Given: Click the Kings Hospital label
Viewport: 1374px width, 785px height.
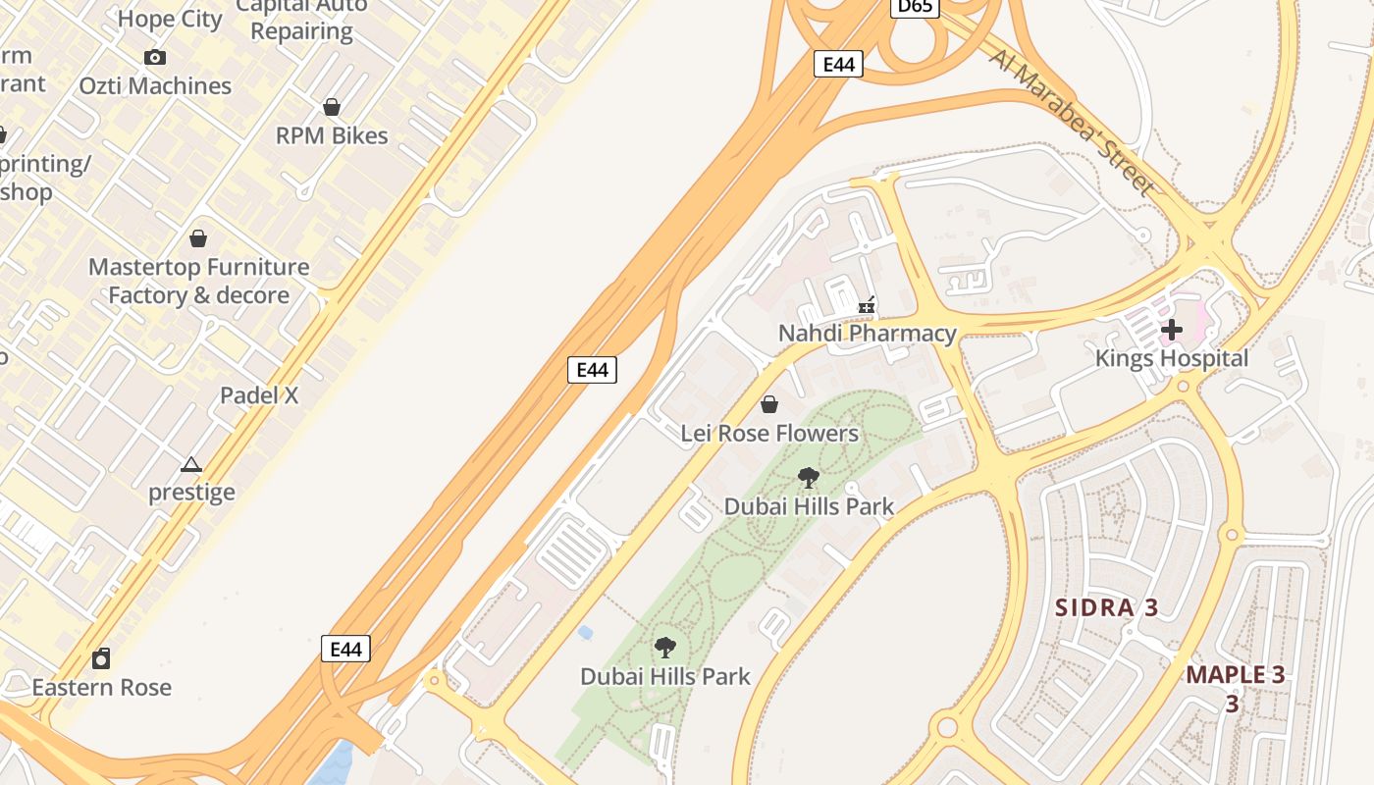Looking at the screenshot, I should click(1171, 358).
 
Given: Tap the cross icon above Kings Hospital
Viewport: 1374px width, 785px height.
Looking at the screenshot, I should click(1171, 330).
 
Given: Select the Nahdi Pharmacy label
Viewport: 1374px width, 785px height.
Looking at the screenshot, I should click(867, 334).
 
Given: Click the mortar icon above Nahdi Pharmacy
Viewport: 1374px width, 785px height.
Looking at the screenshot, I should click(867, 306).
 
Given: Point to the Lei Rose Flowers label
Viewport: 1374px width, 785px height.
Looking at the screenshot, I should click(769, 433).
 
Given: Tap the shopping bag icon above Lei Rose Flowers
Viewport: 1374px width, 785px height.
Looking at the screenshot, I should click(769, 404).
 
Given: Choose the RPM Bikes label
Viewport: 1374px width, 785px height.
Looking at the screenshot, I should click(332, 135).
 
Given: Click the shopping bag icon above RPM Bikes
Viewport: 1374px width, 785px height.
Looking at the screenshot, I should click(332, 107).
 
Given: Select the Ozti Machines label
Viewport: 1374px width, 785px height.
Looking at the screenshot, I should click(155, 85).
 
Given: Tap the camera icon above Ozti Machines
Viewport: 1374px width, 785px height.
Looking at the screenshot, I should click(155, 58).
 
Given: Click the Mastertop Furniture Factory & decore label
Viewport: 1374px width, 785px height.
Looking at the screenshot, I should click(198, 281).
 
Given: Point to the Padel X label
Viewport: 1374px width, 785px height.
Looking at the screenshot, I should click(259, 395).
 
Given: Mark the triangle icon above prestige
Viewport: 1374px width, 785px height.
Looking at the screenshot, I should click(191, 464).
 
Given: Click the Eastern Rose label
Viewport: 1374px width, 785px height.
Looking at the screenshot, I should click(101, 687).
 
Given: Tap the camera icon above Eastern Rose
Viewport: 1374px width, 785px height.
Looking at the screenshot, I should click(101, 658).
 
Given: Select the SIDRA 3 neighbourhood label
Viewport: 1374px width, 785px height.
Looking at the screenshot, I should click(1106, 607).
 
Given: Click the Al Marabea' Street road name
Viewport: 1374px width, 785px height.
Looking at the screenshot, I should click(1074, 122).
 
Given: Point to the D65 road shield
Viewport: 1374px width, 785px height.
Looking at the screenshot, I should click(915, 7).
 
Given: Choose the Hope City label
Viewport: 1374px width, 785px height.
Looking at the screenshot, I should click(170, 19).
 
